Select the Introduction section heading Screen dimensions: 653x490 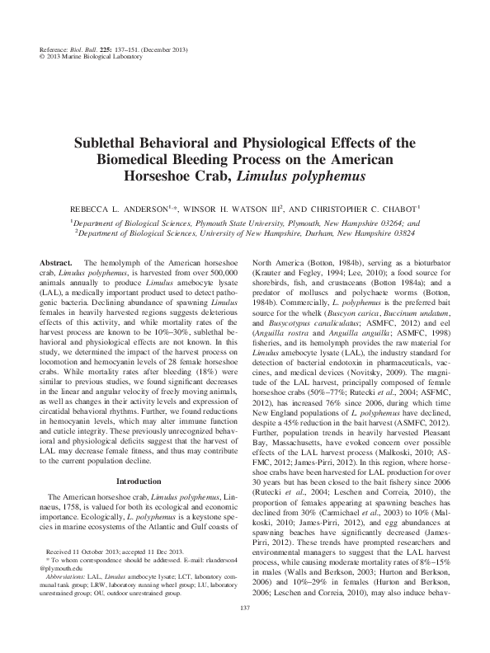[139, 480]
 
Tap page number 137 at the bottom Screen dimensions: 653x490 [244, 631]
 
